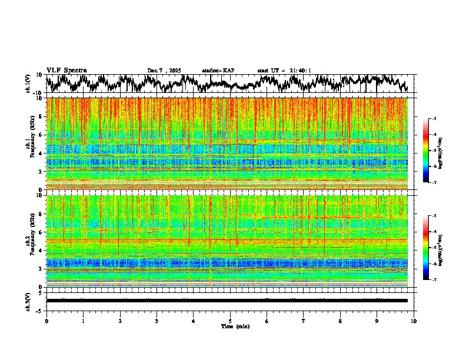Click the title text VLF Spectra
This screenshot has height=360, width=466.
pyautogui.click(x=66, y=70)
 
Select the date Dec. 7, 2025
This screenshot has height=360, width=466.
pyautogui.click(x=166, y=71)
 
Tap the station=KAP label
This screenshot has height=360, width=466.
pyautogui.click(x=218, y=71)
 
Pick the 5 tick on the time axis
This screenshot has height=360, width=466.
pyautogui.click(x=230, y=321)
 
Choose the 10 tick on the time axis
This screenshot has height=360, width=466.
pyautogui.click(x=414, y=321)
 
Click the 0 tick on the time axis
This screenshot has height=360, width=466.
pyautogui.click(x=46, y=321)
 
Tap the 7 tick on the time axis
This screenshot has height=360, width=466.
pyautogui.click(x=304, y=321)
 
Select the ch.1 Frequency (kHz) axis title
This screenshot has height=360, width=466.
pyautogui.click(x=32, y=144)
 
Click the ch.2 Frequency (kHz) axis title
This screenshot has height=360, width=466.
pyautogui.click(x=32, y=241)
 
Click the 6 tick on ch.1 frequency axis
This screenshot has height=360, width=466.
pyautogui.click(x=41, y=135)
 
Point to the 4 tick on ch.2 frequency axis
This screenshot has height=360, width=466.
pyautogui.click(x=41, y=250)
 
